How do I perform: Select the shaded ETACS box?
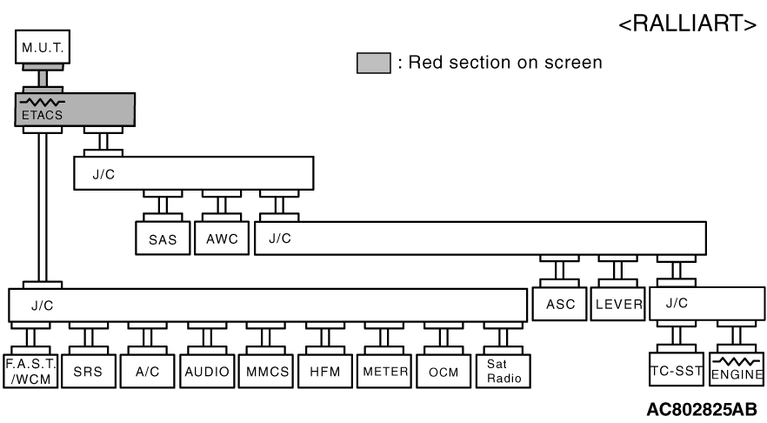75,110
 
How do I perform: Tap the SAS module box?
162,238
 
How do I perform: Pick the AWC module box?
221,238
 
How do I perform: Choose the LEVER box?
618,305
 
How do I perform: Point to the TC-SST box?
676,370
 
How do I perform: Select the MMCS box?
268,371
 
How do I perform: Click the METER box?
386,371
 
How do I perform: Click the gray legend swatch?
373,63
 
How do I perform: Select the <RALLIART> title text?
687,24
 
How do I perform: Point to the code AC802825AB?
701,408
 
